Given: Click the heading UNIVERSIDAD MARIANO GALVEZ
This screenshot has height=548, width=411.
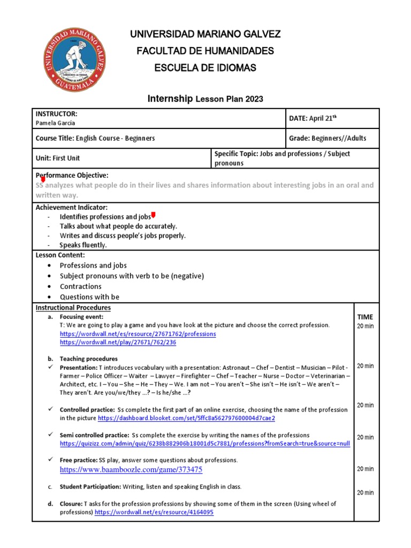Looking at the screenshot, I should pyautogui.click(x=205, y=34).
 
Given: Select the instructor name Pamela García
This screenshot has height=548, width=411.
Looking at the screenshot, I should pyautogui.click(x=56, y=123).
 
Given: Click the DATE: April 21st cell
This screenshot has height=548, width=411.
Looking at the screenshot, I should pyautogui.click(x=313, y=118).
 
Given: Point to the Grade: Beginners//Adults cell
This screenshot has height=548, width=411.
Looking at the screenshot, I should pyautogui.click(x=328, y=138).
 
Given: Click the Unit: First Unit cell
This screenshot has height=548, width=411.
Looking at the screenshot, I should pyautogui.click(x=58, y=158).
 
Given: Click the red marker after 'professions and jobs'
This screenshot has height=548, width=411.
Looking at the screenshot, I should pyautogui.click(x=154, y=215).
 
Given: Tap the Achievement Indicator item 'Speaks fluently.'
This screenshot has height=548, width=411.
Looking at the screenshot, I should pyautogui.click(x=83, y=245).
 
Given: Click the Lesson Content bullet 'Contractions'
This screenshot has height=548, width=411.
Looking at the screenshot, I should pyautogui.click(x=80, y=286).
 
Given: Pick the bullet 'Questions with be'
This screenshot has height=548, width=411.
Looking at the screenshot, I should pyautogui.click(x=89, y=297).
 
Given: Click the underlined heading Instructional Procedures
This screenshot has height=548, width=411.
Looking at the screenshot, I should pyautogui.click(x=73, y=308).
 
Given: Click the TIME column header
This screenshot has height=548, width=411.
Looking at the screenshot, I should pyautogui.click(x=365, y=317).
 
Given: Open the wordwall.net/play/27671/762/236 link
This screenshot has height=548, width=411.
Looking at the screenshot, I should pyautogui.click(x=118, y=342).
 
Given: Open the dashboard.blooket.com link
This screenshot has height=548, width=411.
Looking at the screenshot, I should pyautogui.click(x=187, y=417).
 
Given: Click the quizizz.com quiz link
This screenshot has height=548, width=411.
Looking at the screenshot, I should pyautogui.click(x=205, y=444).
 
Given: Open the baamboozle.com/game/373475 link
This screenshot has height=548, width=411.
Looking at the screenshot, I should pyautogui.click(x=131, y=469).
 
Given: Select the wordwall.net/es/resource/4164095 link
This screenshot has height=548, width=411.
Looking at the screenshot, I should pyautogui.click(x=154, y=512).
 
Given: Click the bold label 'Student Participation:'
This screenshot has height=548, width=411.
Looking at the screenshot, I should pyautogui.click(x=90, y=486).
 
